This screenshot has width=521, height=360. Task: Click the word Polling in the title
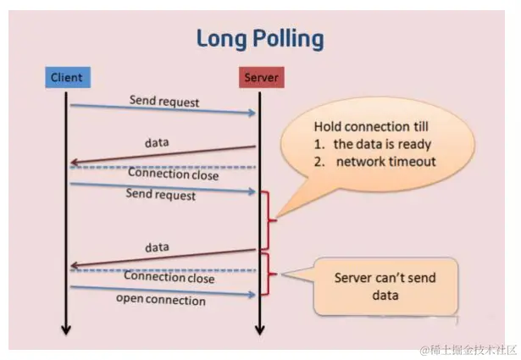tap(288, 38)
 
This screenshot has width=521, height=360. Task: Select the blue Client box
tap(66, 78)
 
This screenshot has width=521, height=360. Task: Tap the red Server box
tap(260, 78)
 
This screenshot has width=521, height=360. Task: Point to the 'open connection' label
tap(161, 300)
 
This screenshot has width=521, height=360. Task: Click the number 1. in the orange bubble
tap(319, 143)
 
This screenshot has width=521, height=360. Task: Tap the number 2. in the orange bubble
tap(319, 161)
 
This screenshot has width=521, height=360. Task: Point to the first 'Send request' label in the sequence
tap(164, 101)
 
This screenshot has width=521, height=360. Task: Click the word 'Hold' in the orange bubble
tap(329, 125)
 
